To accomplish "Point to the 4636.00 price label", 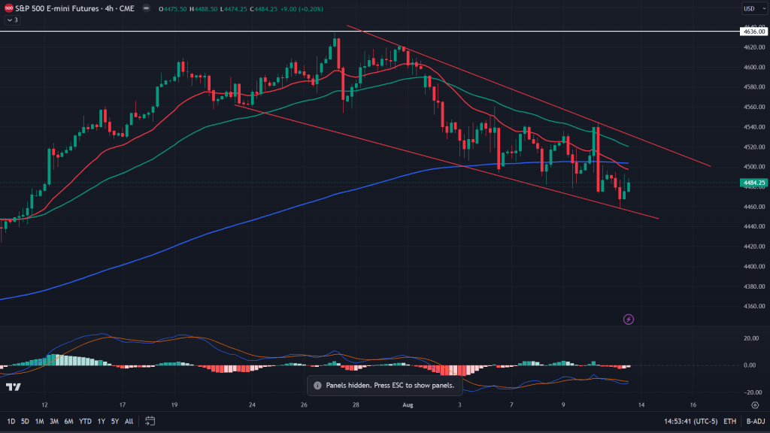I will click(x=753, y=32).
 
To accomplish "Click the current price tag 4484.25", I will click(x=753, y=183).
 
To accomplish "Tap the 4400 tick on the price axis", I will click(x=753, y=266).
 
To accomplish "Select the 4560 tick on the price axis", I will click(x=753, y=107).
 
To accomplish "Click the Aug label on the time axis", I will click(x=408, y=404).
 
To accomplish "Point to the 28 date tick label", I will click(x=356, y=404).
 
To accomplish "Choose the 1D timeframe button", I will click(x=11, y=421).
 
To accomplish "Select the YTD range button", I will click(x=84, y=421).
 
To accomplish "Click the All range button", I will click(x=129, y=421).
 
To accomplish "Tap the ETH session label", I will click(x=729, y=421).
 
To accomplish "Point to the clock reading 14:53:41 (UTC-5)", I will click(x=690, y=421).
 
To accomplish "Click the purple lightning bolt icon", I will click(x=629, y=319).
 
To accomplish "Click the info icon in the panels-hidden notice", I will click(x=317, y=385).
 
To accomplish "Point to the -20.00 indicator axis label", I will click(x=750, y=392).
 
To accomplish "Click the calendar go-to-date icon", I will click(x=150, y=421).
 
